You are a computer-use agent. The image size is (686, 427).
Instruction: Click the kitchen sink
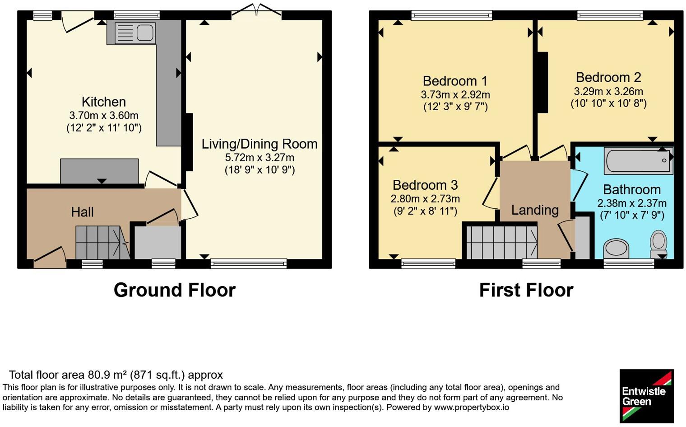pyautogui.click(x=135, y=33)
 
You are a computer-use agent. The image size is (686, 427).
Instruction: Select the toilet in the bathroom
pyautogui.click(x=658, y=244)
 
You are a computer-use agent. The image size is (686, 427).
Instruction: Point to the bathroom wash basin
pyautogui.click(x=616, y=249)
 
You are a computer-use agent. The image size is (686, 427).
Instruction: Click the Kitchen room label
pyautogui.click(x=103, y=102)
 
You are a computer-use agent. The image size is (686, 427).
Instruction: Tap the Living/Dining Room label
pyautogui.click(x=260, y=144)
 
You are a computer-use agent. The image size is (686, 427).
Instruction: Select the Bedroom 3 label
pyautogui.click(x=425, y=185)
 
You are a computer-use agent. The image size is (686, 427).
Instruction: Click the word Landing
pyautogui.click(x=535, y=210)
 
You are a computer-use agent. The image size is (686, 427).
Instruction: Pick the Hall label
pyautogui.click(x=83, y=212)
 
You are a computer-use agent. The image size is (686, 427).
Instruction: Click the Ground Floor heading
pyautogui.click(x=175, y=290)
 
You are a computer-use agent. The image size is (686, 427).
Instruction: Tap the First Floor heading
pyautogui.click(x=526, y=290)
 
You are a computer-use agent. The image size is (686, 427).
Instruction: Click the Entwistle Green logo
pyautogui.click(x=647, y=396)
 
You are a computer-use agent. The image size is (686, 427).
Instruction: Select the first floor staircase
pyautogui.click(x=502, y=242)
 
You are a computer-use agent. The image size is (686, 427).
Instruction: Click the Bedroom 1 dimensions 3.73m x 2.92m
pyautogui.click(x=455, y=95)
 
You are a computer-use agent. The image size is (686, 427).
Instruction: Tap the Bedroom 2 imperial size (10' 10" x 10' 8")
pyautogui.click(x=608, y=103)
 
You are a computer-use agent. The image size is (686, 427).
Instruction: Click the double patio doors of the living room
pyautogui.click(x=256, y=11)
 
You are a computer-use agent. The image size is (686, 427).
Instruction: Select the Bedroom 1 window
pyautogui.click(x=452, y=15)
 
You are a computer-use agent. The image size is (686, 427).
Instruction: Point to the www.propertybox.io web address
pyautogui.click(x=472, y=408)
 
